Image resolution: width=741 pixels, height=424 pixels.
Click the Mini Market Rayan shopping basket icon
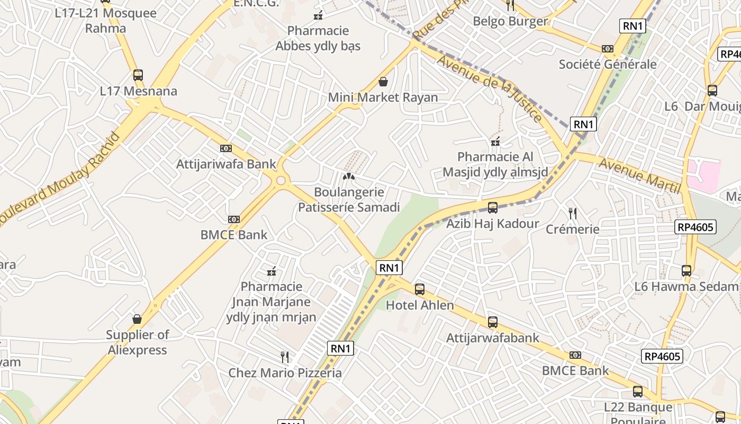[383, 82]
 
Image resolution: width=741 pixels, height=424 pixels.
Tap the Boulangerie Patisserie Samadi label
[349, 200]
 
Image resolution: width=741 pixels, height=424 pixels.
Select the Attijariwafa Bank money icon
[226, 148]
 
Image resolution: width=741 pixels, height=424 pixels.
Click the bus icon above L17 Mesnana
[138, 75]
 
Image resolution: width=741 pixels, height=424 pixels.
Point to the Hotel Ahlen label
[420, 305]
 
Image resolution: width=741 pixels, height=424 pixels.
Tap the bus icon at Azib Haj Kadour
[493, 208]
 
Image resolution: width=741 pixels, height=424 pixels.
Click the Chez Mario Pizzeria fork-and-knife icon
[285, 357]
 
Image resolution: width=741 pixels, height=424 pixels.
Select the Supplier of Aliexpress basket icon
[137, 319]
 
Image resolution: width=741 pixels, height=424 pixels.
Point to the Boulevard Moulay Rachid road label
[61, 178]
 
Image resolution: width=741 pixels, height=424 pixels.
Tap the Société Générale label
[608, 65]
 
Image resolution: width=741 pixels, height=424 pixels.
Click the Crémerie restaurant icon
[572, 214]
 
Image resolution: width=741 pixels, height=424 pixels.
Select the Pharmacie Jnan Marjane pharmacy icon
[272, 271]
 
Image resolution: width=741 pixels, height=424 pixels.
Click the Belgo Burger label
[510, 21]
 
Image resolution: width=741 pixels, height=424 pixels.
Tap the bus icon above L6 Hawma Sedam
[686, 271]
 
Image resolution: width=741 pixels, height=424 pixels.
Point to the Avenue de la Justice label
[489, 87]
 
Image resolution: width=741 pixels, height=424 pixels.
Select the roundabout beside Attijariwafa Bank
[281, 181]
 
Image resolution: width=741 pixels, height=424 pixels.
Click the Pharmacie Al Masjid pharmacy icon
[495, 142]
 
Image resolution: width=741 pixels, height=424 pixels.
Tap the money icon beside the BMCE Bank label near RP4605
[575, 355]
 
